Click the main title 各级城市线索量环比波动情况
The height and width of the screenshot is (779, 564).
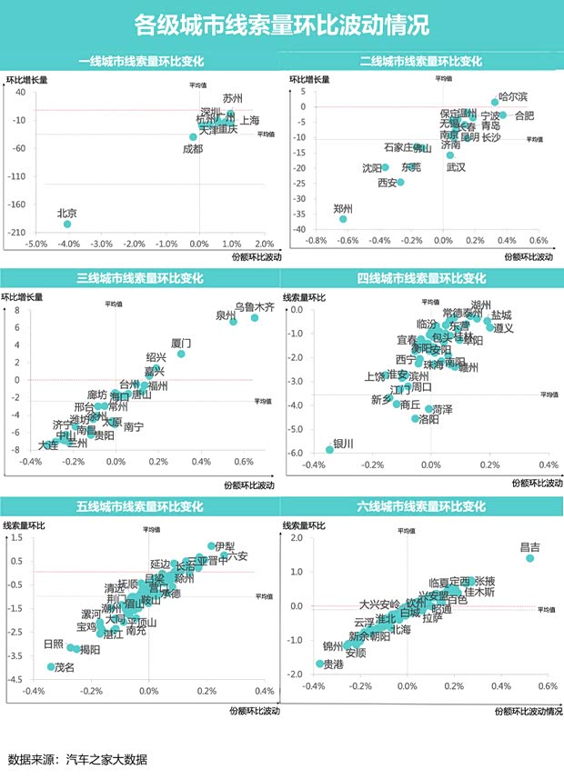tap(281, 24)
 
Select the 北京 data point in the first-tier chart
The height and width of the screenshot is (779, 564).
tap(66, 224)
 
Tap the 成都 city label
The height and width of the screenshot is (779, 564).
tap(192, 148)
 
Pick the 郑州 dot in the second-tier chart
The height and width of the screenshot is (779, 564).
tap(343, 219)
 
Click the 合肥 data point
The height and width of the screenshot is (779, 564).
tap(502, 115)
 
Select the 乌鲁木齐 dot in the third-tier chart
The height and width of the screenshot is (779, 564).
tap(255, 317)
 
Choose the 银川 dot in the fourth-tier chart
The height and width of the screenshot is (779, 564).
tap(329, 449)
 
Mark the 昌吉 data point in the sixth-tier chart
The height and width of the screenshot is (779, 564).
tap(530, 558)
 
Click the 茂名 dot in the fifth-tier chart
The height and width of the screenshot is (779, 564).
tap(52, 667)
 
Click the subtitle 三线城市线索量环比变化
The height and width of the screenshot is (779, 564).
tap(140, 278)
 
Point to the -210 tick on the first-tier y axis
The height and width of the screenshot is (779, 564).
tap(18, 233)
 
